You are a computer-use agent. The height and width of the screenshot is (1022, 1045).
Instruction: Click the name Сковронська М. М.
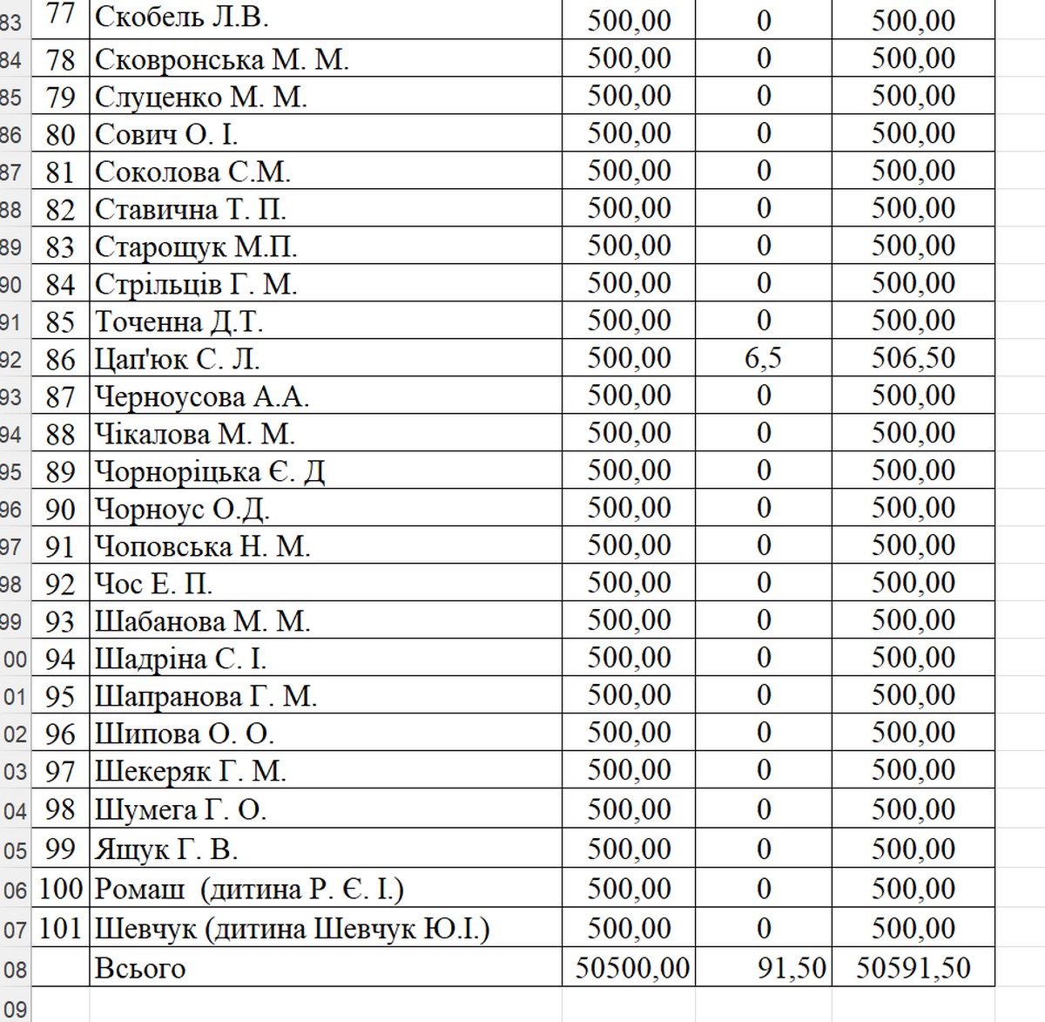[x=221, y=59]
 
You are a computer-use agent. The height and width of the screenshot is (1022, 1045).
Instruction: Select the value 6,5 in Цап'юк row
[x=763, y=358]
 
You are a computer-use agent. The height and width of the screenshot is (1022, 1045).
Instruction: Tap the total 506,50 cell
[x=913, y=358]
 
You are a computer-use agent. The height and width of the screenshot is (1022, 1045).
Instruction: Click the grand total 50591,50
[x=913, y=968]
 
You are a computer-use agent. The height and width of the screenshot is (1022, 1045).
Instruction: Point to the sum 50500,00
[x=632, y=968]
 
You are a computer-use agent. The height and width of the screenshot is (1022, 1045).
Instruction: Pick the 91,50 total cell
[x=791, y=968]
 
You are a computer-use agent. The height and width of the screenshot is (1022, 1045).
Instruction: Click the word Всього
[x=139, y=968]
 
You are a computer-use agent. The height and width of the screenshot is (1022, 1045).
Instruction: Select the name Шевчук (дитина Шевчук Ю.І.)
[x=292, y=929]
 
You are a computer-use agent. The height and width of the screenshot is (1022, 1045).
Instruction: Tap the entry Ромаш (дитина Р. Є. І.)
[x=249, y=889]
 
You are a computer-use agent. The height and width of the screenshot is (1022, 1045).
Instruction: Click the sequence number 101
[x=60, y=929]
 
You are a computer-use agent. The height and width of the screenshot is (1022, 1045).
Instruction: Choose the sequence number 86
[x=60, y=359]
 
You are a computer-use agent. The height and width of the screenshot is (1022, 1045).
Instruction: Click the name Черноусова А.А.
[x=202, y=396]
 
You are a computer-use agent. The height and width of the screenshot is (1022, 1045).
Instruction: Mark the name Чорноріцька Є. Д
[x=210, y=471]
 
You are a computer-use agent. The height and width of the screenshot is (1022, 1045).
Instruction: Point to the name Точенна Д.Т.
[x=179, y=321]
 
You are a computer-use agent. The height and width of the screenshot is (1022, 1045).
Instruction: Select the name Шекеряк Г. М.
[x=190, y=772]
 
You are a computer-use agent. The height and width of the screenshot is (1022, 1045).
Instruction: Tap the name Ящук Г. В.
[x=165, y=849]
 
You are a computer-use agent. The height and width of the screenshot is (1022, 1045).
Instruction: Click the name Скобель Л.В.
[x=181, y=17]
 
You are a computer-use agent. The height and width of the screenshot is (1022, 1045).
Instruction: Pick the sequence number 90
[x=60, y=509]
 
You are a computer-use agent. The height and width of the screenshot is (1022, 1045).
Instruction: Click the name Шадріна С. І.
[x=180, y=659]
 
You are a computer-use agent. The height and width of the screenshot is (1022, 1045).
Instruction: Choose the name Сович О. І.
[x=165, y=134]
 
